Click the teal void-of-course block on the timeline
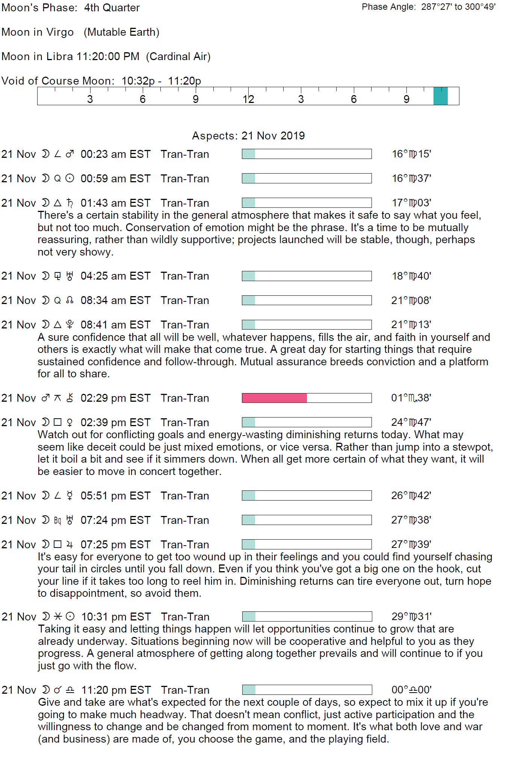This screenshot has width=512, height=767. (x=440, y=96)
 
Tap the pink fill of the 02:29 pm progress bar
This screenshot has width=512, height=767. (x=274, y=398)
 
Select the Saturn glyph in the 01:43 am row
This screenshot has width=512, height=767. (x=70, y=203)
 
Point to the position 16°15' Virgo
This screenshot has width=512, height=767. (x=411, y=154)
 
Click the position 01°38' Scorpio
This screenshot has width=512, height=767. (x=411, y=398)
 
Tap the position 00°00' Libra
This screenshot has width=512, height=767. (x=411, y=690)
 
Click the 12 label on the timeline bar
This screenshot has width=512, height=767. (x=248, y=99)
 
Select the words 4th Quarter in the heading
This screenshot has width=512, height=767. (x=112, y=8)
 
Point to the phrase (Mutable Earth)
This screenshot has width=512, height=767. (x=121, y=32)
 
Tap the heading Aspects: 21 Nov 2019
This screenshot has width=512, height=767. (x=248, y=136)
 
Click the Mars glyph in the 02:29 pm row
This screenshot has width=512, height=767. (x=45, y=398)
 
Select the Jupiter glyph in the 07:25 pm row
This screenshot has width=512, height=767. (x=69, y=545)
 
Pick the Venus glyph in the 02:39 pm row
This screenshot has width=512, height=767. (x=69, y=423)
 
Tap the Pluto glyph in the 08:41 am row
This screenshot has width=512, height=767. (x=69, y=325)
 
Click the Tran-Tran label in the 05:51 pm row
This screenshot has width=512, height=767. (x=185, y=496)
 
